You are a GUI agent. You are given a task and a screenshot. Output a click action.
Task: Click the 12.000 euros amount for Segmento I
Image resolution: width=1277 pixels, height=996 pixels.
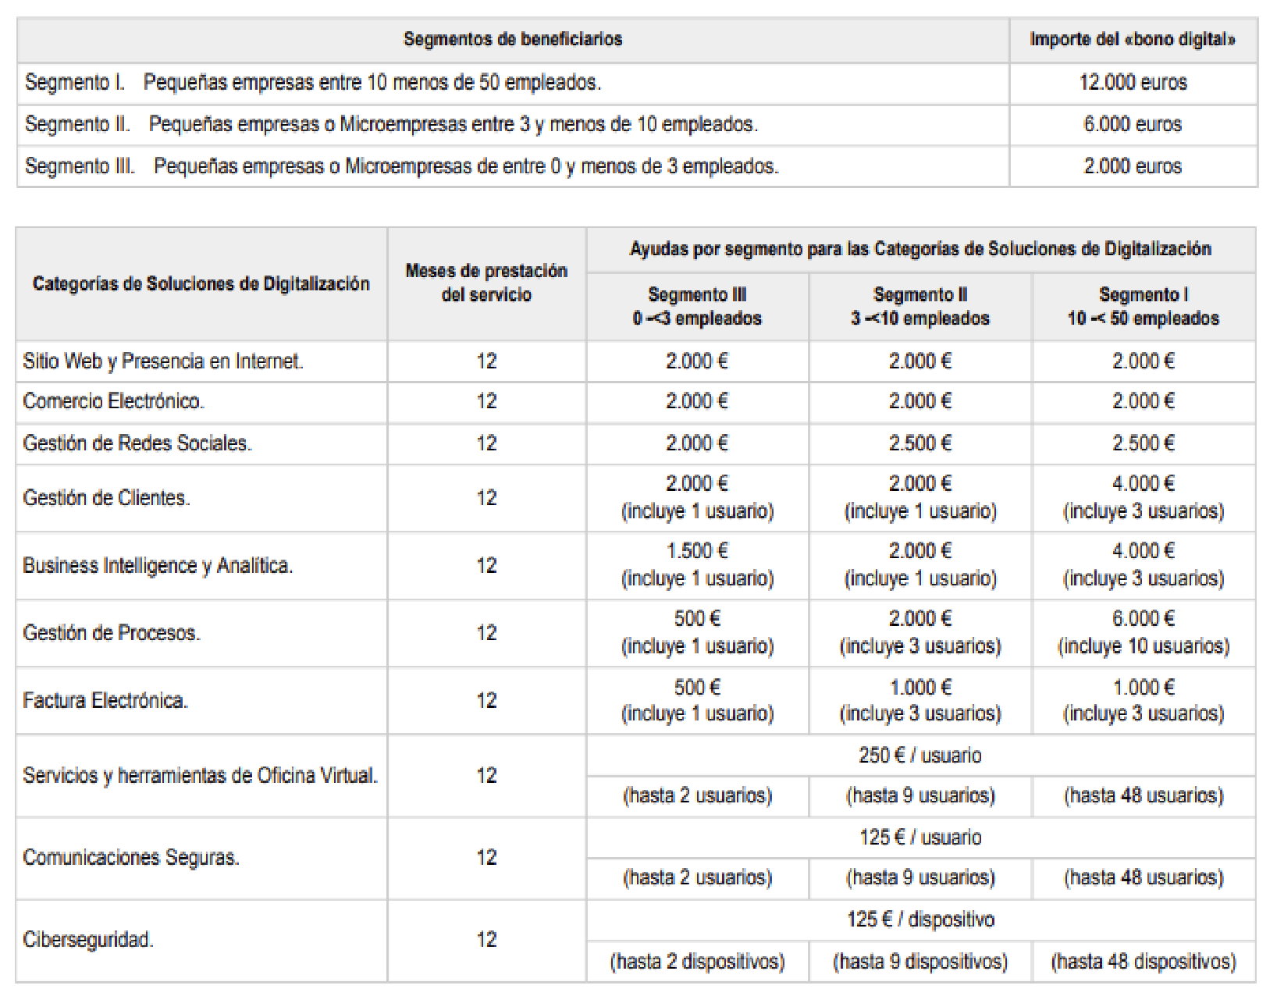pos(1133,83)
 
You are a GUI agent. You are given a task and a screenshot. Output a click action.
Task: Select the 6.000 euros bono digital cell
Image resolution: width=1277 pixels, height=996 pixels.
pos(1133,124)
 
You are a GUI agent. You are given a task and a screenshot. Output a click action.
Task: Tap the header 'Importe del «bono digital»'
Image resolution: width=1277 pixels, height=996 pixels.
pos(1133,39)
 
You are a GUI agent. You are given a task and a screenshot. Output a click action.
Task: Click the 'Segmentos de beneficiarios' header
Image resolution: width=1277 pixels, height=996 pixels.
pos(513,39)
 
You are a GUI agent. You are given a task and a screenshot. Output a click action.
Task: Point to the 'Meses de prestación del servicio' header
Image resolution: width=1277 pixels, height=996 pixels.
pos(486,283)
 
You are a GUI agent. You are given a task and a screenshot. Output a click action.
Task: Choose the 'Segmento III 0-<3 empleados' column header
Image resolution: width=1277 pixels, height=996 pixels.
pos(697,306)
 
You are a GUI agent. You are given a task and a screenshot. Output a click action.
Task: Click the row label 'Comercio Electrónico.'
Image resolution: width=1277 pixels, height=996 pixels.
pos(114,401)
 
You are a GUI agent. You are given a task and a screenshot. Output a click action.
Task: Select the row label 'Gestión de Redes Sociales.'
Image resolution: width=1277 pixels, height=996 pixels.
pos(137,443)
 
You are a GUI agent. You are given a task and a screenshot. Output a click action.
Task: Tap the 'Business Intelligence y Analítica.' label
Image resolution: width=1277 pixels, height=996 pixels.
pos(158,565)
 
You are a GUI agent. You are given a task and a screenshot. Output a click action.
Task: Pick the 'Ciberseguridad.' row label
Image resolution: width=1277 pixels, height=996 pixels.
pos(88,939)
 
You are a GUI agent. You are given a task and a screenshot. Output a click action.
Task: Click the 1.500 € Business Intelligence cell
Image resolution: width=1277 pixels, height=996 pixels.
pos(697,551)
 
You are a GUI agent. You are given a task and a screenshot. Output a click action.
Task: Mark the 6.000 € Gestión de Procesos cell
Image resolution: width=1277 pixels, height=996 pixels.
pos(1143,619)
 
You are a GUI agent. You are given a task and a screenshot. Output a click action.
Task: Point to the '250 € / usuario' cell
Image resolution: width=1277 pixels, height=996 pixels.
pos(920,756)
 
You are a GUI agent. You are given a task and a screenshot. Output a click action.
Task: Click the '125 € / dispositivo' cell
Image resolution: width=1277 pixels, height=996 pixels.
pos(920,920)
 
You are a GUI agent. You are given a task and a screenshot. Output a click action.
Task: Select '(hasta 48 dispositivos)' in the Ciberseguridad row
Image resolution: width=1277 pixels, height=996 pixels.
pos(1143,961)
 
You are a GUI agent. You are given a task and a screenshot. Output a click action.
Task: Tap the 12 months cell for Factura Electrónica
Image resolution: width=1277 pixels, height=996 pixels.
pos(486,700)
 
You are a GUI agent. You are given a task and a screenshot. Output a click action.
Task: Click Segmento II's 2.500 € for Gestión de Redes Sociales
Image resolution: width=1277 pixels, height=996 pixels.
pos(920,443)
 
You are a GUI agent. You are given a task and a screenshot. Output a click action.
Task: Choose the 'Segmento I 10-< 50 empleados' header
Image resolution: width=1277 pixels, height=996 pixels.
pos(1143,306)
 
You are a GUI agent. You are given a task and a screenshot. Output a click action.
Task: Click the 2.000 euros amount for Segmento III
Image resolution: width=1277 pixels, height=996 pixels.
pos(1133,166)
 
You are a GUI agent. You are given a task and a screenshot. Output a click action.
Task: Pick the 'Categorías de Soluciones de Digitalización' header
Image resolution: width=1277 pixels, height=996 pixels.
pos(201,283)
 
